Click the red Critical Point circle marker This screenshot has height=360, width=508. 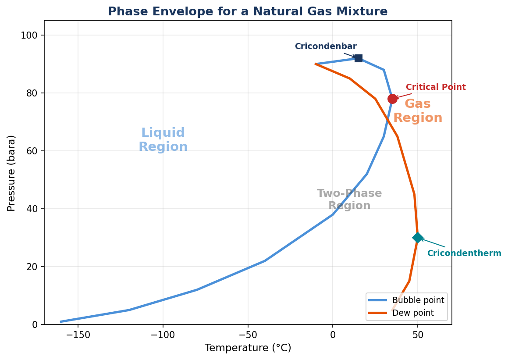coord(392,99)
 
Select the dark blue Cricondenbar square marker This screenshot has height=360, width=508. coord(358,58)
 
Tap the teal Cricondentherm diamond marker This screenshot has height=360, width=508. coord(418,238)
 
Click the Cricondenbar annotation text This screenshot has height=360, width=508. coord(325,46)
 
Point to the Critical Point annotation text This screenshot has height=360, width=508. coord(435,87)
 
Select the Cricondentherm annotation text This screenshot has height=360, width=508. coord(464,253)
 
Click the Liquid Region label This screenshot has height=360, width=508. coord(163,140)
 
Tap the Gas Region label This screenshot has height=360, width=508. coord(417,111)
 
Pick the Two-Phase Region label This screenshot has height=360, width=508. coord(349,200)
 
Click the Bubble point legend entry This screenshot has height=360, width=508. coord(418,300)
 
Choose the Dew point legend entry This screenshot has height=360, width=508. coord(412,313)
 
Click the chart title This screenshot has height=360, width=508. coord(248,12)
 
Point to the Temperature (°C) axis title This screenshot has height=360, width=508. coord(248,348)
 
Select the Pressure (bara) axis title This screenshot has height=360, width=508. coord(12,173)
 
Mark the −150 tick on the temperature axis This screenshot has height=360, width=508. coord(78,335)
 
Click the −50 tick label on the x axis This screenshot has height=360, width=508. coord(248,335)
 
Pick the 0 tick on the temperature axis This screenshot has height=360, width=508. coord(333,335)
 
